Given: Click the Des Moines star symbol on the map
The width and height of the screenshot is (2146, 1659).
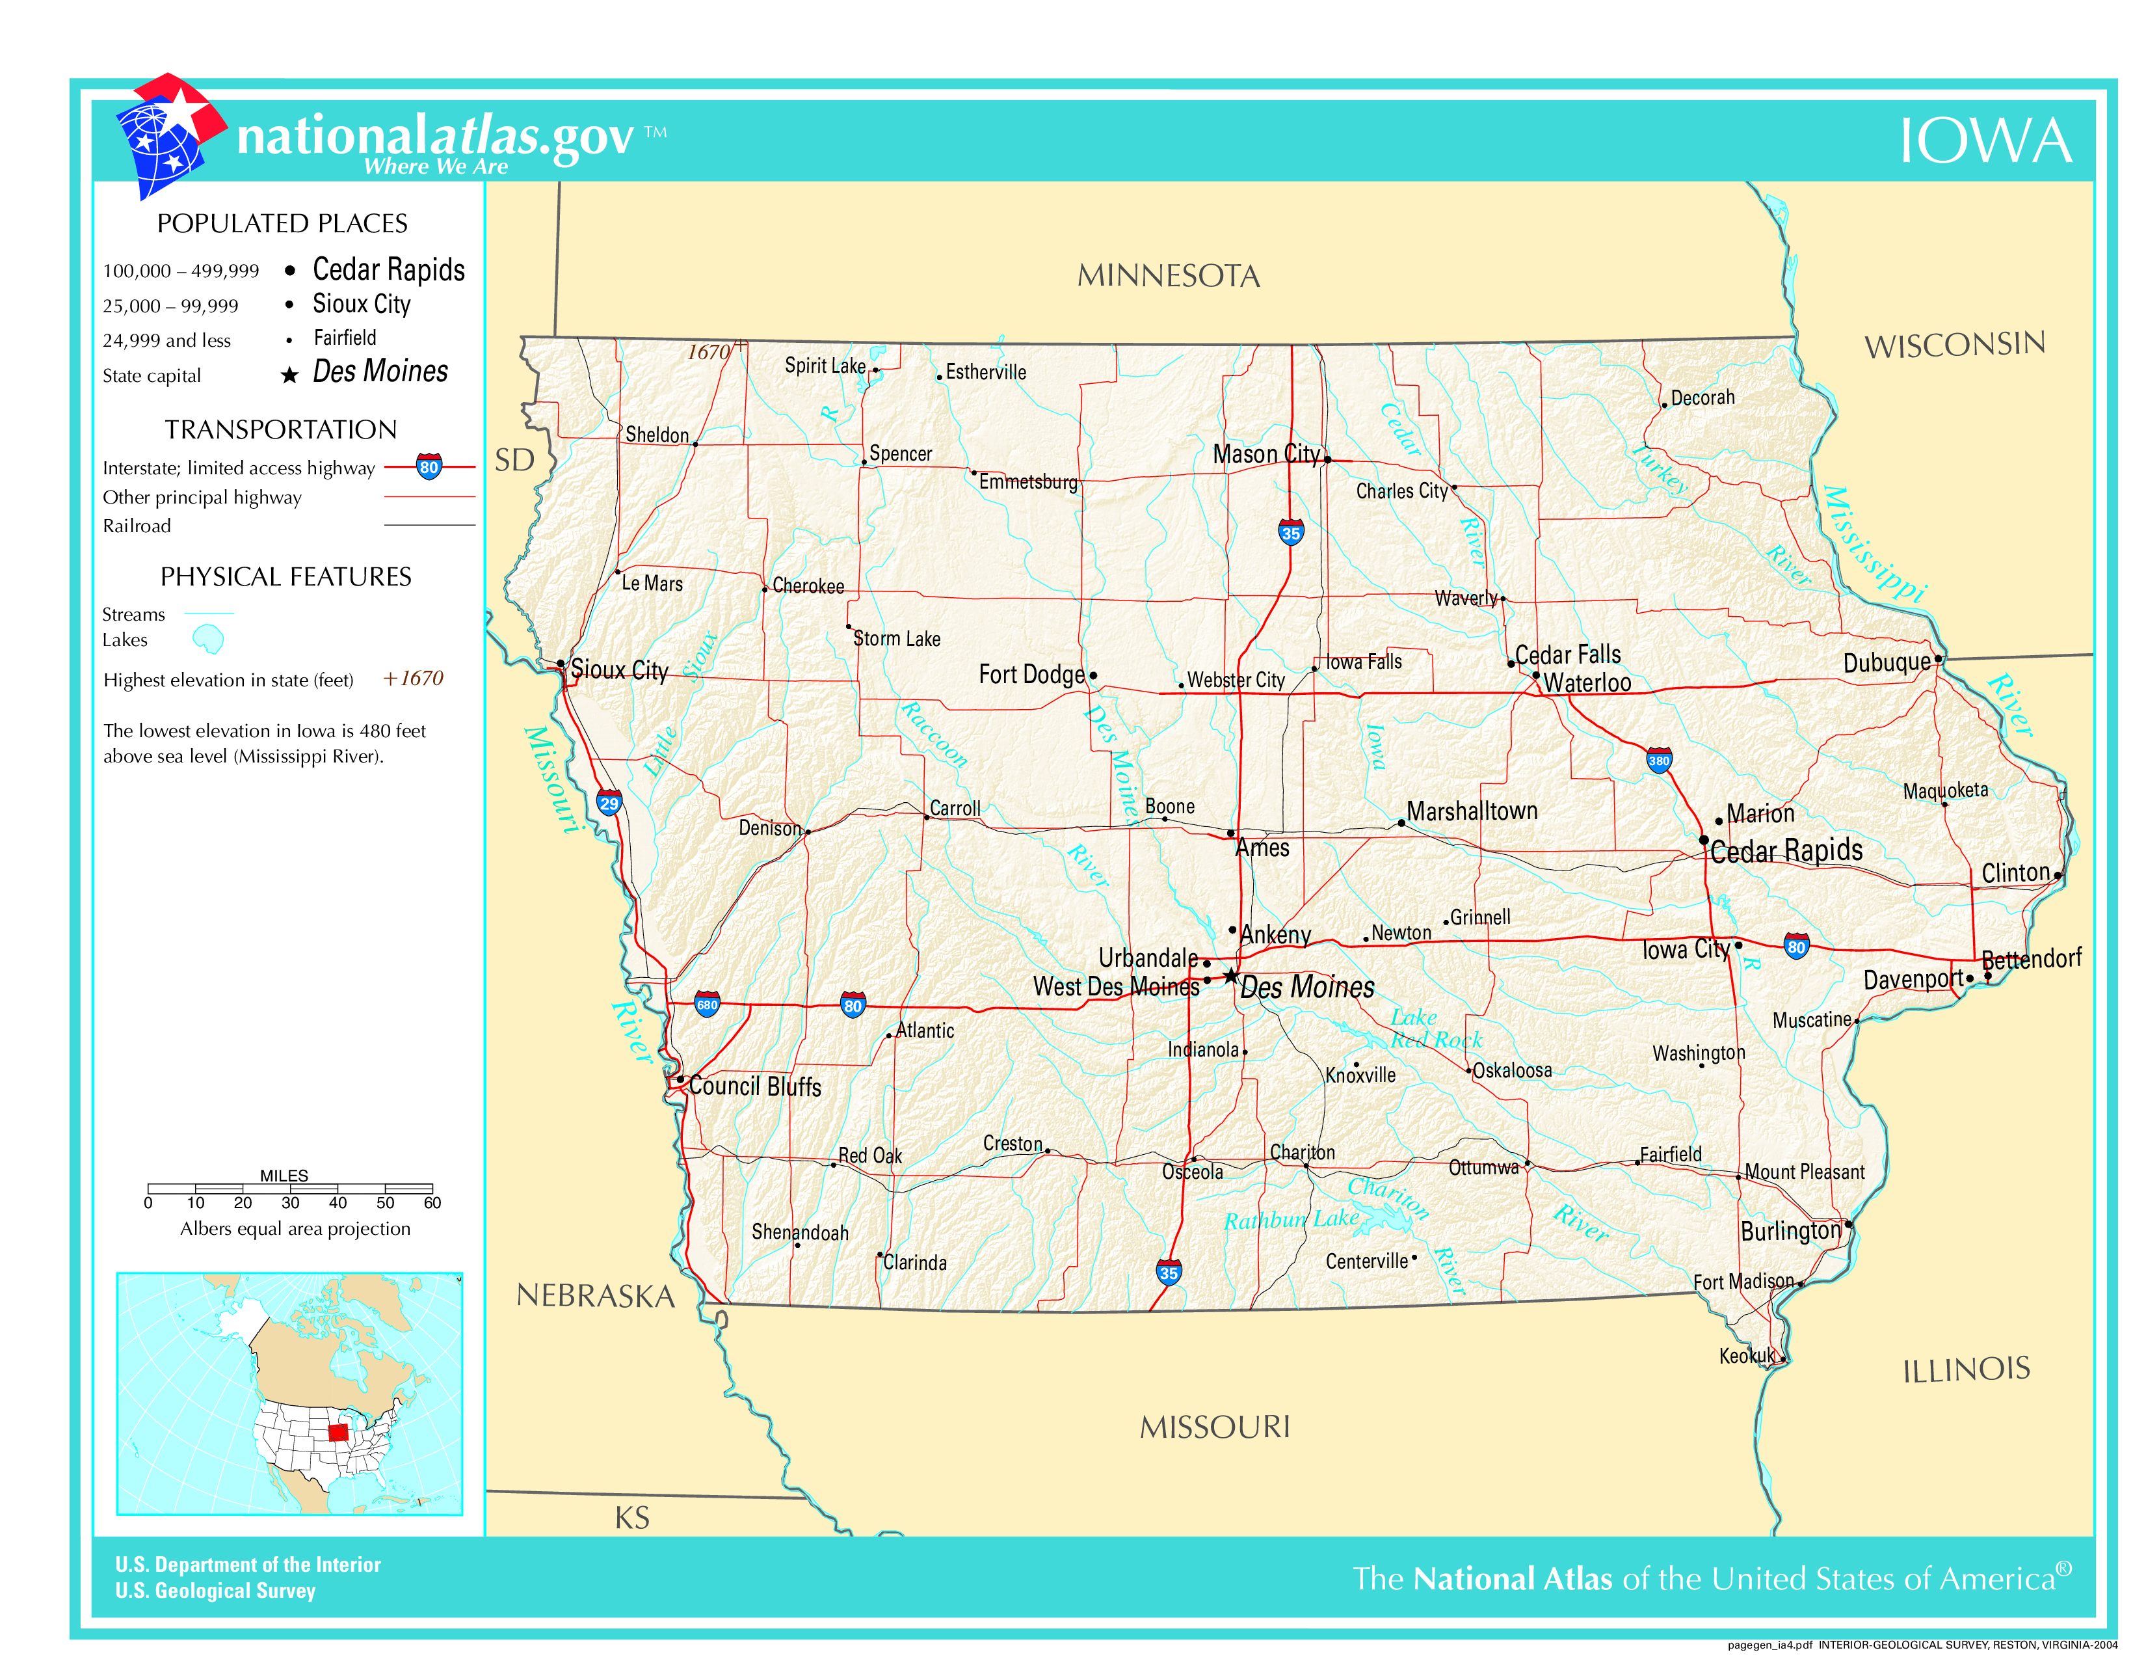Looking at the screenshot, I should (1230, 975).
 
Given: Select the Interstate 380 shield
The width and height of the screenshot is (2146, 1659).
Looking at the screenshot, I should (1659, 760).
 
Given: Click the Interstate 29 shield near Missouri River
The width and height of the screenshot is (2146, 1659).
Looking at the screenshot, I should (609, 803).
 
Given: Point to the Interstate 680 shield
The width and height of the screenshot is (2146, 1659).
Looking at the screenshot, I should (706, 1003).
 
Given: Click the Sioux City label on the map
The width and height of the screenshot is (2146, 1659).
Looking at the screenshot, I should (619, 670).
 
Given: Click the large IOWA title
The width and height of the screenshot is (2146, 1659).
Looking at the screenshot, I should (1984, 142).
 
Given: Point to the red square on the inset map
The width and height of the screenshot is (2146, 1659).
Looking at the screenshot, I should (338, 1431).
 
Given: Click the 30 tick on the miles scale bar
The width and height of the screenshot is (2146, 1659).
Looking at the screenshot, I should (290, 1202).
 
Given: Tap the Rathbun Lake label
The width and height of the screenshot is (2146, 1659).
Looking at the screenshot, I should (1290, 1220).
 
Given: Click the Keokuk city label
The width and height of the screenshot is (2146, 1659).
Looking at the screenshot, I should (1746, 1356).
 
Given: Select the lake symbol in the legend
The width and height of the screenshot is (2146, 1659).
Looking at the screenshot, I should (208, 640).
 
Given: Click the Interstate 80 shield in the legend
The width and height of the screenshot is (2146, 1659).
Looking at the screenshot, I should (429, 467).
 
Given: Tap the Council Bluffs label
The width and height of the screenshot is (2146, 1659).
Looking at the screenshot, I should (754, 1086).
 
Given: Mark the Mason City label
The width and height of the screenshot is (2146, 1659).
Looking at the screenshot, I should (1265, 454).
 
